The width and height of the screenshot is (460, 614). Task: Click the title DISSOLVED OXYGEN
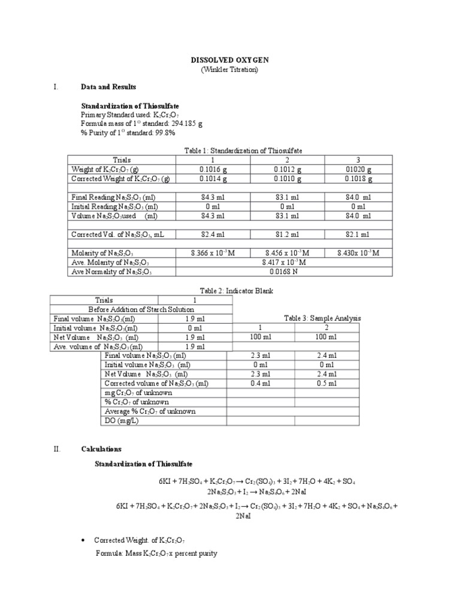(230, 61)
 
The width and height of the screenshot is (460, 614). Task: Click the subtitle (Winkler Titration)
(230, 70)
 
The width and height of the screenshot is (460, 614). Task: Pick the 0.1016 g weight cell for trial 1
(213, 169)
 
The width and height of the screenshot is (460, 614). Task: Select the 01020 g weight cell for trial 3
(358, 169)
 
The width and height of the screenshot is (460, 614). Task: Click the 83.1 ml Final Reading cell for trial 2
(286, 197)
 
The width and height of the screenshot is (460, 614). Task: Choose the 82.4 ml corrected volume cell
(213, 234)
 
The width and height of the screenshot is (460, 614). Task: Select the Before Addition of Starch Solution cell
(141, 309)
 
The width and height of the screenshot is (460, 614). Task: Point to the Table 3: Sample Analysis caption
(323, 318)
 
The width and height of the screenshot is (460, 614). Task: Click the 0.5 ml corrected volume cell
(327, 383)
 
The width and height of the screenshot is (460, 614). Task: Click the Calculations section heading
(101, 449)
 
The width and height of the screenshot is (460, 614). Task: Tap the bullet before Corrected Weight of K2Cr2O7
(82, 541)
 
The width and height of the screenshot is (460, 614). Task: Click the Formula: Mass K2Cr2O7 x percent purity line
(156, 553)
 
